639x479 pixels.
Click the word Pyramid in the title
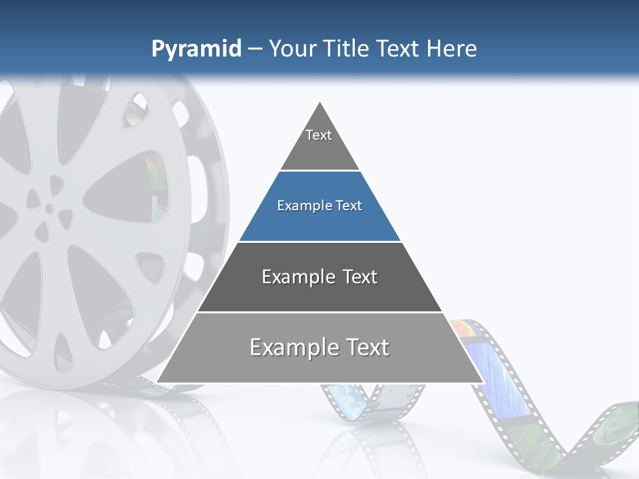coord(196,49)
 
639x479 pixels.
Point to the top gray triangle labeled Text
coord(319,143)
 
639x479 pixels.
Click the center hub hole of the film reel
coord(49,208)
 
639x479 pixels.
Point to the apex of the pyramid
coord(320,103)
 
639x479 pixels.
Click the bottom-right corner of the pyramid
coord(483,382)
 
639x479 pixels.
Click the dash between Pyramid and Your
coord(254,49)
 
